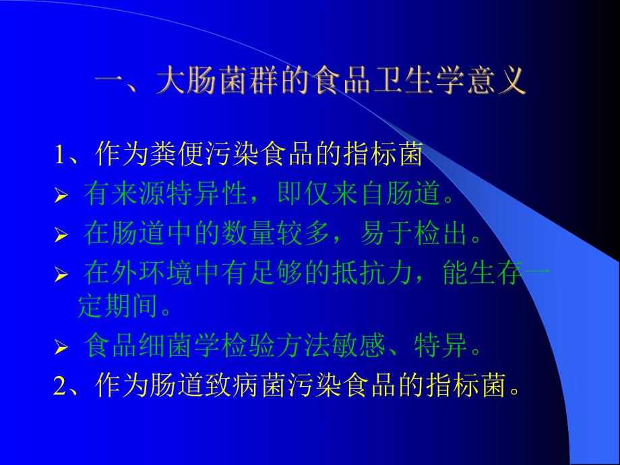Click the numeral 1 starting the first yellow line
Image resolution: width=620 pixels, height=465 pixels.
60,156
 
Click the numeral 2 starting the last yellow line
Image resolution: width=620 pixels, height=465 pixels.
59,386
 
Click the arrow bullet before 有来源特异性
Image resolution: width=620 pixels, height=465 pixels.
61,197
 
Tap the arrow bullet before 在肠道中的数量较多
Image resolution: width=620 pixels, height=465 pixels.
61,236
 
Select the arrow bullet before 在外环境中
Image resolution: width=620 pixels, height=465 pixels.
61,276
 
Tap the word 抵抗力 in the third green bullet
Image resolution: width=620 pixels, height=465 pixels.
385,274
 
